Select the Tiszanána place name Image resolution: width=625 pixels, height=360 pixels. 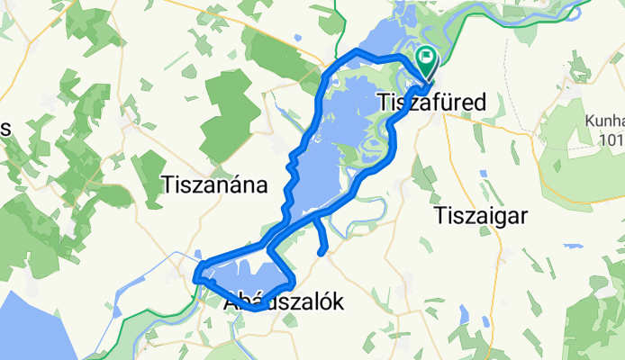pyautogui.click(x=214, y=185)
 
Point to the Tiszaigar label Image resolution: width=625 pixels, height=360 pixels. pyautogui.click(x=479, y=215)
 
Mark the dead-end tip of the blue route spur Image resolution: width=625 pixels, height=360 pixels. pyautogui.click(x=322, y=253)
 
